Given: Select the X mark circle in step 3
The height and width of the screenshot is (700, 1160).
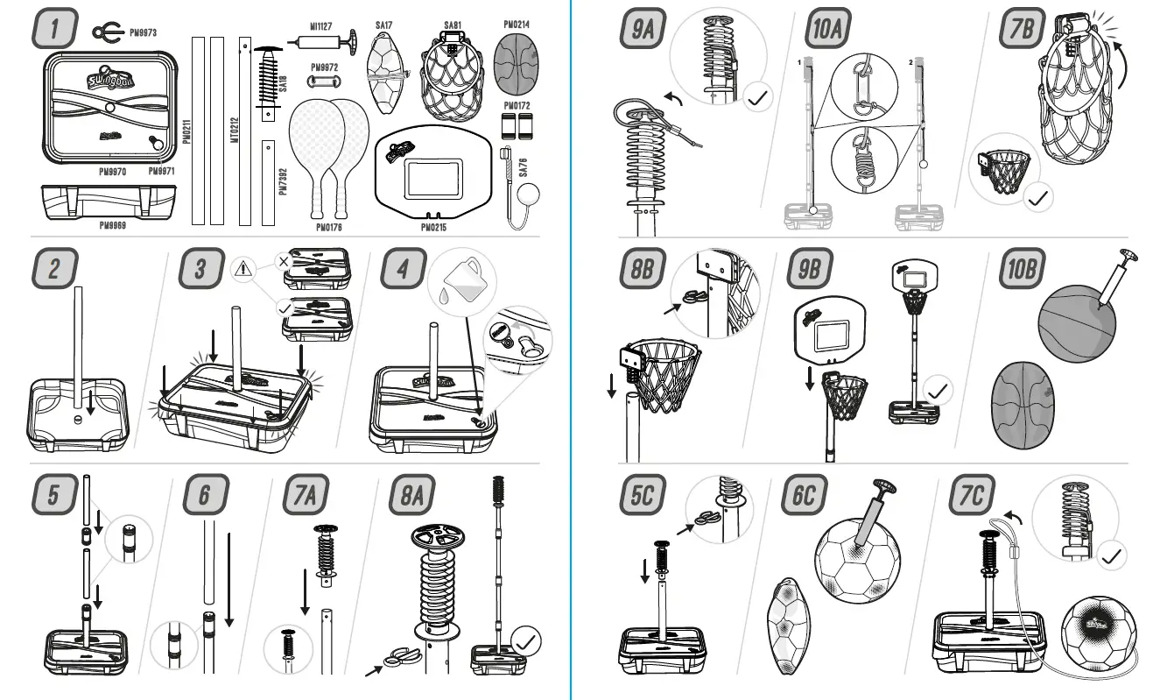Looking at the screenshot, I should pos(283,260).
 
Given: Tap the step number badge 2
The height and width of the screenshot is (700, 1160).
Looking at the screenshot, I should pos(54,271).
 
